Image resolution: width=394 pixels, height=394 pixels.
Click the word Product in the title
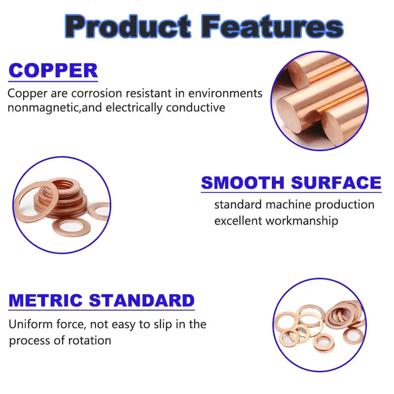pyautogui.click(x=128, y=26)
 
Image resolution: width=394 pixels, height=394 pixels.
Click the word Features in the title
pyautogui.click(x=273, y=26)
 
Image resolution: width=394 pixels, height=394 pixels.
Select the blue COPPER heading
pyautogui.click(x=53, y=70)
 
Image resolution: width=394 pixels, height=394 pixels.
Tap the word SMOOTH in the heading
pyautogui.click(x=243, y=182)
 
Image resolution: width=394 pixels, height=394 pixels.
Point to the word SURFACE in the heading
pyautogui.click(x=336, y=182)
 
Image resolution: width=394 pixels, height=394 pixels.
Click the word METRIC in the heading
pyautogui.click(x=45, y=300)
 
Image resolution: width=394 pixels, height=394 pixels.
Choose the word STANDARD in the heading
pyautogui.click(x=142, y=300)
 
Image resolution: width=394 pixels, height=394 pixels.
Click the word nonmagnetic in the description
pyautogui.click(x=43, y=108)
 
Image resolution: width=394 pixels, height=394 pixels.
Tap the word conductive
pyautogui.click(x=196, y=107)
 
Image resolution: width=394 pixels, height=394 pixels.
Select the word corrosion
pyautogui.click(x=97, y=94)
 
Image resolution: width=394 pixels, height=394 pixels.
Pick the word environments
pyautogui.click(x=225, y=94)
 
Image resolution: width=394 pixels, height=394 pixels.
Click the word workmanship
pyautogui.click(x=302, y=221)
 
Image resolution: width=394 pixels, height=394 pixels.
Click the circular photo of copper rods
pyautogui.click(x=320, y=101)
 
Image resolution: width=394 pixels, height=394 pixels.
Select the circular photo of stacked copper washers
pyautogui.click(x=62, y=205)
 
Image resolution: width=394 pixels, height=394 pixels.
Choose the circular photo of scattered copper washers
pyautogui.click(x=320, y=325)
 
